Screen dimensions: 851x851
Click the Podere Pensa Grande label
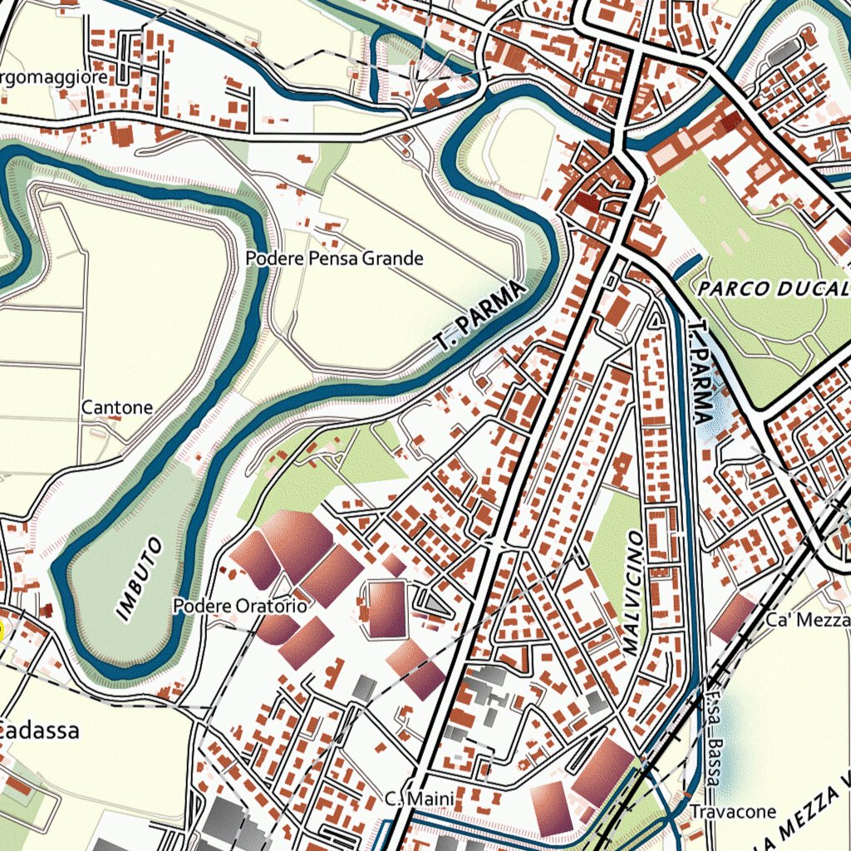334,258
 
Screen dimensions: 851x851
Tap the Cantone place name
117,407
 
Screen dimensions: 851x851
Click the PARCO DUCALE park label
773,289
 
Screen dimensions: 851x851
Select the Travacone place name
732,811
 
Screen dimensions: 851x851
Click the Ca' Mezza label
808,620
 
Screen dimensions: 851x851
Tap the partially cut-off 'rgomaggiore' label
54,77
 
